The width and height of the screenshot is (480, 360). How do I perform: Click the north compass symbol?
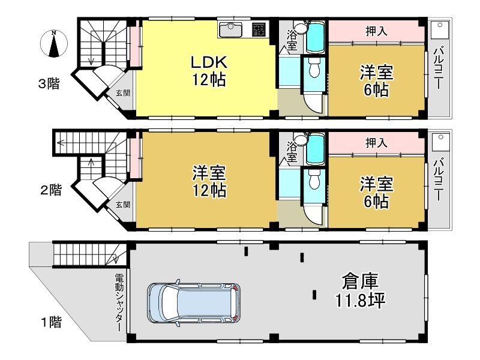pyautogui.click(x=54, y=44)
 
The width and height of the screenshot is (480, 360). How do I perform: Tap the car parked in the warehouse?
pyautogui.click(x=193, y=302)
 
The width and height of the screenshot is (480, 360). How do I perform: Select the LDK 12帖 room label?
pyautogui.click(x=209, y=71)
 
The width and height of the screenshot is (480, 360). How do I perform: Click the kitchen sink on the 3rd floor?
pyautogui.click(x=231, y=29)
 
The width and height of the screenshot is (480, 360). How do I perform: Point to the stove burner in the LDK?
pyautogui.click(x=259, y=29)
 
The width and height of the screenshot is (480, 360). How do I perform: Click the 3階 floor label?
pyautogui.click(x=49, y=83)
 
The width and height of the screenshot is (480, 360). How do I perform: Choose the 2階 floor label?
pyautogui.click(x=51, y=190)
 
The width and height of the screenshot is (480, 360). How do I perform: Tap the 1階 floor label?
pyautogui.click(x=52, y=322)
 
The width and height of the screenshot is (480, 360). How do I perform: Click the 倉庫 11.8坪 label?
pyautogui.click(x=360, y=290)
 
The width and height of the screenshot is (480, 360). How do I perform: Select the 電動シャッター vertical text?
pyautogui.click(x=119, y=302)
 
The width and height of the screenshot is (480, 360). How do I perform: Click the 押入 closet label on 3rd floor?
pyautogui.click(x=376, y=31)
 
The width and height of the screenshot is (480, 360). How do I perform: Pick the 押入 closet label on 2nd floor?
pyautogui.click(x=376, y=143)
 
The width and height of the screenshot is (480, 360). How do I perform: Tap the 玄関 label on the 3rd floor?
pyautogui.click(x=123, y=93)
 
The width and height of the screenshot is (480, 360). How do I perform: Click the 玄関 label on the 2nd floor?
pyautogui.click(x=123, y=205)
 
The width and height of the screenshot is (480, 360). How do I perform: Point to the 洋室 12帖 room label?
pyautogui.click(x=209, y=182)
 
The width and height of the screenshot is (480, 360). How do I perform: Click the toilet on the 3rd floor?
pyautogui.click(x=314, y=68)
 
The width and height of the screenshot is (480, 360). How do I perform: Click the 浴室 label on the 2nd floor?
pyautogui.click(x=292, y=152)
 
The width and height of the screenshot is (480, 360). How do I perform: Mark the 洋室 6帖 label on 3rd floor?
pyautogui.click(x=376, y=81)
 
